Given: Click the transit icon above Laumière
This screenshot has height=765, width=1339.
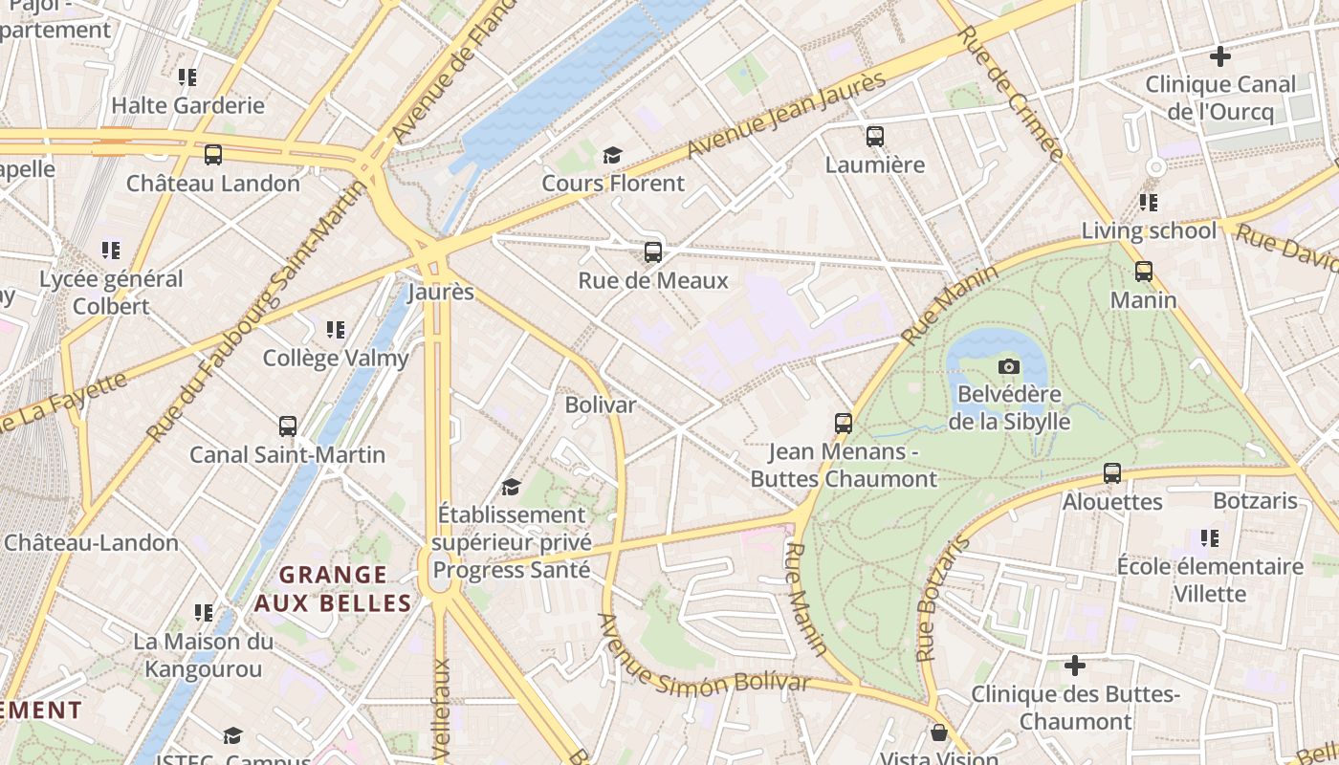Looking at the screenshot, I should pos(874,137).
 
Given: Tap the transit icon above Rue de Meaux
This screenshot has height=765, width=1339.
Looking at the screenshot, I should pos(653,252).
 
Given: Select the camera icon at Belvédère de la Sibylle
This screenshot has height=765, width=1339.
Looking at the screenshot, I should pos(1008,366).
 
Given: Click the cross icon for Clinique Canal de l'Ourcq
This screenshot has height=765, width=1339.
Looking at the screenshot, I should pos(1219,56).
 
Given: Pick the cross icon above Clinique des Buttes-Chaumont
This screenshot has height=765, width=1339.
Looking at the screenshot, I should pos(1075,665).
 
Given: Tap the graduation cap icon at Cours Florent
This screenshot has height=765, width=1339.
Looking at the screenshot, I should pos(612,155).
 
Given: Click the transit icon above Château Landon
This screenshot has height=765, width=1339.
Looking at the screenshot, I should pos(213,155).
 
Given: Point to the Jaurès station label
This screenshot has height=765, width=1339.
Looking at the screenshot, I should pos(441,292).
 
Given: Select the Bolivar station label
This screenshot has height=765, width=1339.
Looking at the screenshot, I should pos(601,404).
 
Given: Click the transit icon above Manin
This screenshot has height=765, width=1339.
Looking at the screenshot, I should pos(1144,272).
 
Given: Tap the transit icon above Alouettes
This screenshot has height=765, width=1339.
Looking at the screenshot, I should pos(1112,473).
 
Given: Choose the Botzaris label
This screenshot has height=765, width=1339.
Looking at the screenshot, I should pos(1255,501).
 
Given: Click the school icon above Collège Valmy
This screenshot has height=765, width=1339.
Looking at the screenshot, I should pos(336,330).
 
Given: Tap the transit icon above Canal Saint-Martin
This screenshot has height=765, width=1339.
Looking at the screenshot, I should pos(288,426).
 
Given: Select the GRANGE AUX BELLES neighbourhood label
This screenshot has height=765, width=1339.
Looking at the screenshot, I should pos(333,589).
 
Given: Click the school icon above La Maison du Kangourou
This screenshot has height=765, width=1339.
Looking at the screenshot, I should pos(204,612).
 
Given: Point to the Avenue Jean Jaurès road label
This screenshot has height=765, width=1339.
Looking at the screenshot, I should pos(786,117).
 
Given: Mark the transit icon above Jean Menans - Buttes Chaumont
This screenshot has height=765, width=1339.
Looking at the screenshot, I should pos(843,423).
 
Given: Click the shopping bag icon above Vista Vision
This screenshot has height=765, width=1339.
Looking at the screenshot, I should pos(939,733).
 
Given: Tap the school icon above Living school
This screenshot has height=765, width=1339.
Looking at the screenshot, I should pos(1149,203).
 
